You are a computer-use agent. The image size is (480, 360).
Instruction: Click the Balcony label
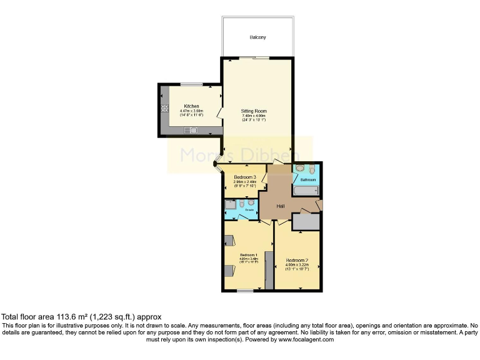tap(257, 37)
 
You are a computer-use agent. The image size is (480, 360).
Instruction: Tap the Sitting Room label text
tap(254, 111)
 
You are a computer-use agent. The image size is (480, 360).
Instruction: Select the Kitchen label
tap(191, 106)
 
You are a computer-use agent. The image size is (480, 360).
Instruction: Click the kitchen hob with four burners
tap(165, 107)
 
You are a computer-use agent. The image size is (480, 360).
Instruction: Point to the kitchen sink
tap(191, 130)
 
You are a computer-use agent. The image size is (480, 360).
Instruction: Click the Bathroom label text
tap(308, 180)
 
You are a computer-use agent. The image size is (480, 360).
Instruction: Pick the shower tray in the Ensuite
tap(230, 204)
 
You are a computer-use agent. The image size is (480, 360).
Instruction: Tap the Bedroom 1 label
tap(248, 255)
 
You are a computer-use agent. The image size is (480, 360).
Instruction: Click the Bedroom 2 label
tap(298, 260)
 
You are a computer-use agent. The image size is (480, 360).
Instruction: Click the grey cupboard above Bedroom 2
tap(306, 221)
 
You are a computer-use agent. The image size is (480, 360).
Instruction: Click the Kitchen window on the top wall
tap(191, 84)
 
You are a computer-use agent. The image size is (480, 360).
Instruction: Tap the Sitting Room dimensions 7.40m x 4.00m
tap(254, 116)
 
